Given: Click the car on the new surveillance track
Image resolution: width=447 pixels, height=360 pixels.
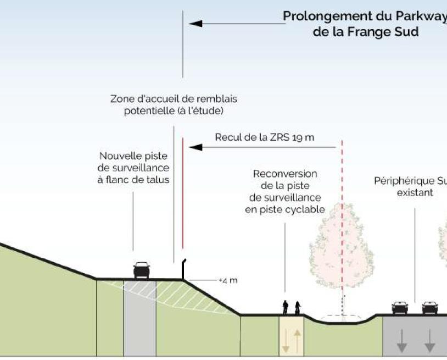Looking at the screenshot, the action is (x=142, y=270).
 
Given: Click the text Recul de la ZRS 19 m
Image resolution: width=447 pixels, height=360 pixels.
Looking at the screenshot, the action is (x=264, y=137).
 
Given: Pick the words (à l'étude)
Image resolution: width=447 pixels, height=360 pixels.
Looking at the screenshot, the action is (x=204, y=111).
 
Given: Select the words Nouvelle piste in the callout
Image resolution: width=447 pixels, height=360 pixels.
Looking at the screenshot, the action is (x=133, y=156).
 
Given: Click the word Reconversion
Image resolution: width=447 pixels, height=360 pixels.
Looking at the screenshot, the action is (x=284, y=174).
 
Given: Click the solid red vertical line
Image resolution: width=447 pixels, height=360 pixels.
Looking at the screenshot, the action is (x=182, y=192).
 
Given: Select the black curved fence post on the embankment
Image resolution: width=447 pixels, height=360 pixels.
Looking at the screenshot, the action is (x=185, y=269).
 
